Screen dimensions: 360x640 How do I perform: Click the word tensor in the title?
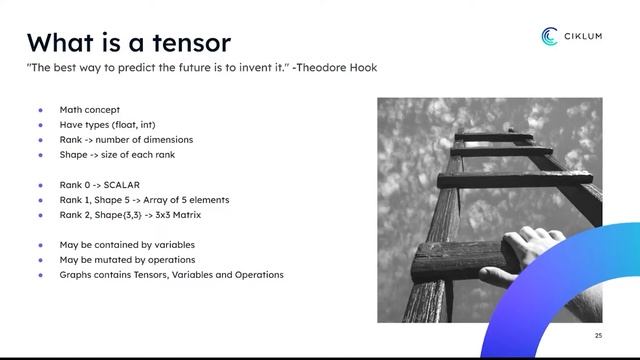point(185,42)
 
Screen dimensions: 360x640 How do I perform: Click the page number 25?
point(598,335)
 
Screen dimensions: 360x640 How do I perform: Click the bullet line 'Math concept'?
point(89,110)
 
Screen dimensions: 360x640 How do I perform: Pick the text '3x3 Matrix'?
point(183,214)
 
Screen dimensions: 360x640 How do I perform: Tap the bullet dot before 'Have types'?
point(41,125)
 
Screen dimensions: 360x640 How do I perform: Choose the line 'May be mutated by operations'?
point(126,259)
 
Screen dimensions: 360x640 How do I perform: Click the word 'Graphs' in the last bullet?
point(76,274)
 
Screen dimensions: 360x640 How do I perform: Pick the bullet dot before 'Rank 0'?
point(41,184)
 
